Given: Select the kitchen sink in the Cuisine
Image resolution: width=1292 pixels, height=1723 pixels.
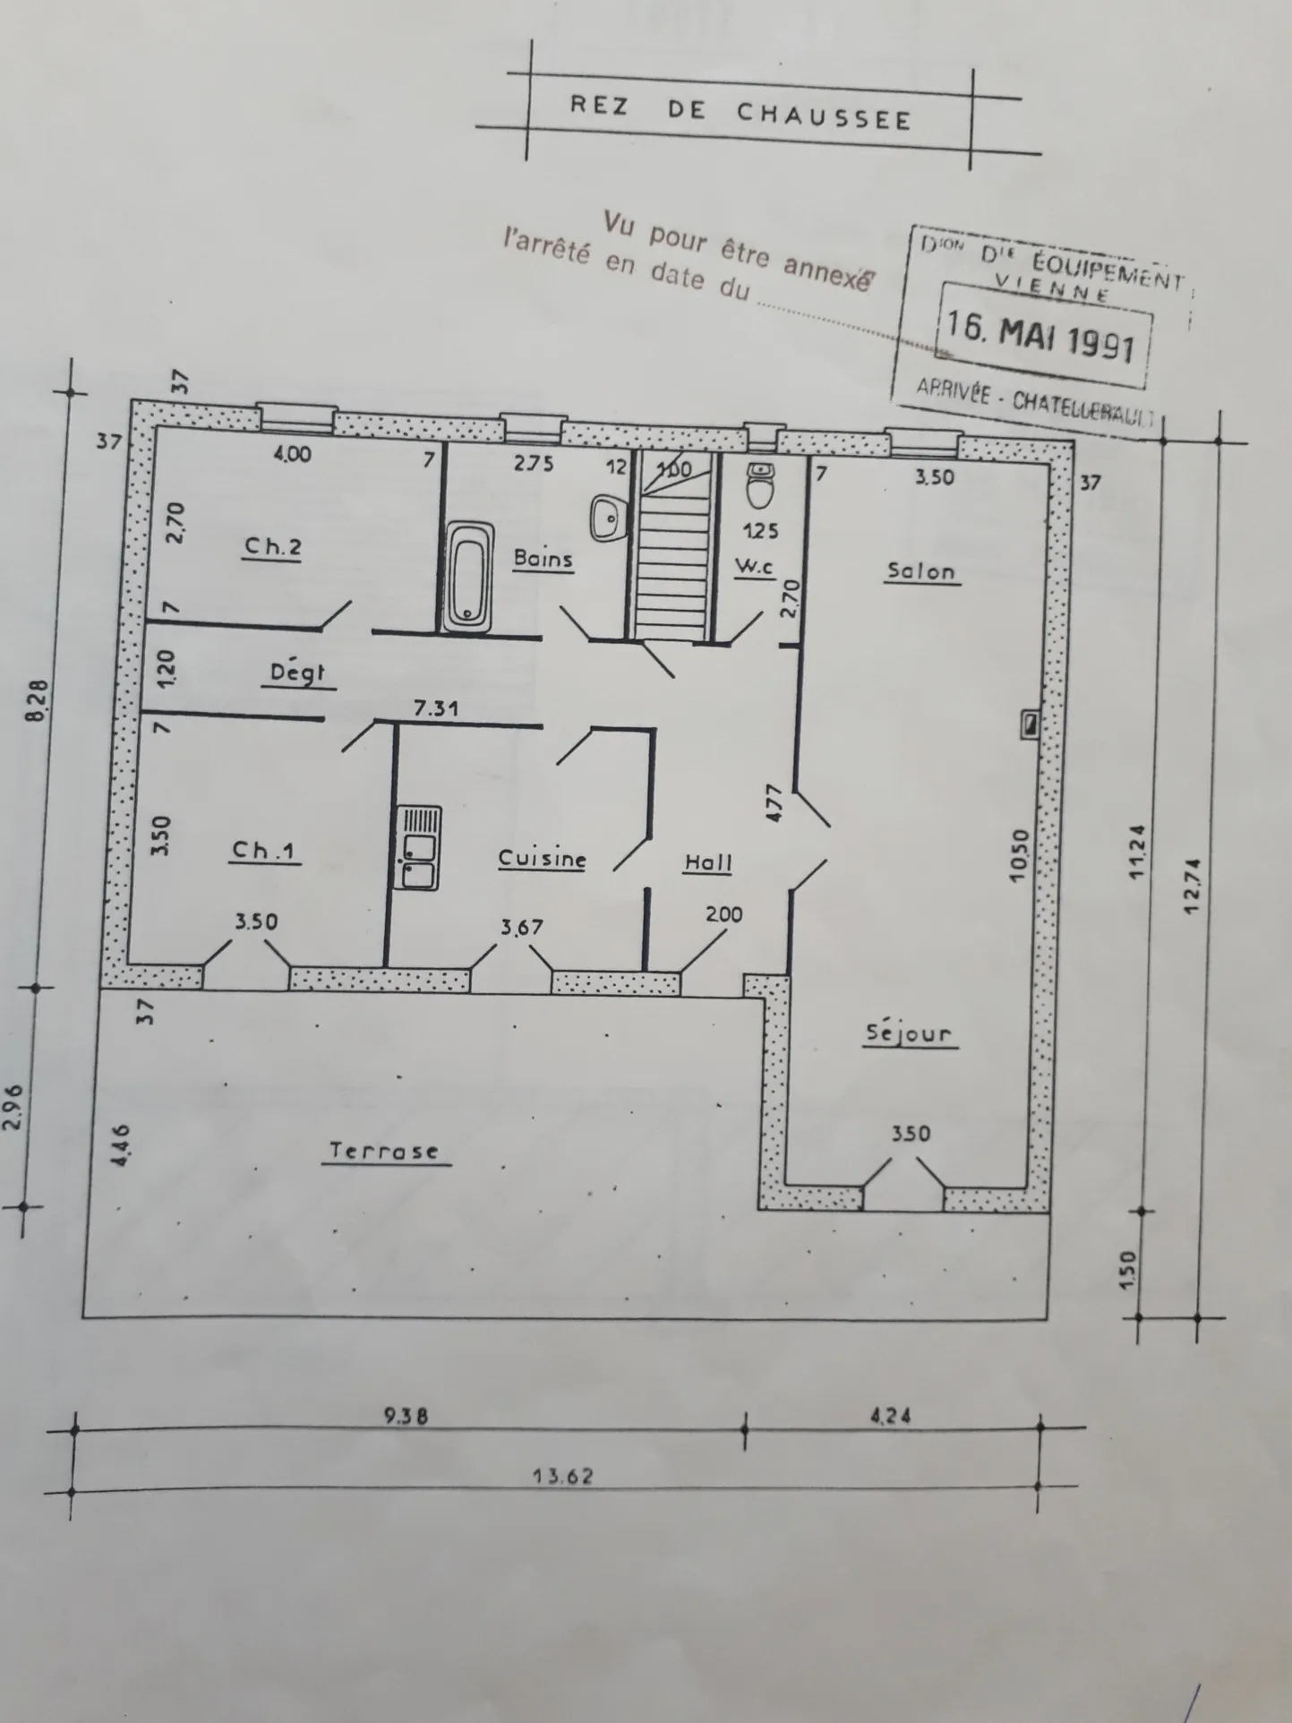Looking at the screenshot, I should click(419, 847).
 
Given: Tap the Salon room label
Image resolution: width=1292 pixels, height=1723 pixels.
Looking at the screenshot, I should click(921, 570).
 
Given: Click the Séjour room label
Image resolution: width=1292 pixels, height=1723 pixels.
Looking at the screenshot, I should click(909, 1033).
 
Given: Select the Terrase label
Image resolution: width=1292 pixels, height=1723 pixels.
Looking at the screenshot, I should click(385, 1151).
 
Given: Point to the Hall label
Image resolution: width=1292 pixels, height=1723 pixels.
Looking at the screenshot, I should click(708, 862).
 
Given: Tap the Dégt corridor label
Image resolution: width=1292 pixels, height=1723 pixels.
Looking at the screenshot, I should click(297, 673).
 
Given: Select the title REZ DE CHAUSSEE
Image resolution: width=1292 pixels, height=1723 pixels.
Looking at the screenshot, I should click(740, 114).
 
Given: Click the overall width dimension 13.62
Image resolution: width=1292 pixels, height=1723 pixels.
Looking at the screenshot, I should click(563, 1475).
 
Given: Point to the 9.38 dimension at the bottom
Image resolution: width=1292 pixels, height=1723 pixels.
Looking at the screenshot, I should click(406, 1416).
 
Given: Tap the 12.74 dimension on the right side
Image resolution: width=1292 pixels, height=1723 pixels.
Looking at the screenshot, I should click(1191, 885).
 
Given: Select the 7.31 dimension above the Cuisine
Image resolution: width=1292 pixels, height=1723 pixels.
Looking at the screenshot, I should click(436, 708).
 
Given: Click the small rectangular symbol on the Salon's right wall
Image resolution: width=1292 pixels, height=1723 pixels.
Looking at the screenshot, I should click(1030, 724).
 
